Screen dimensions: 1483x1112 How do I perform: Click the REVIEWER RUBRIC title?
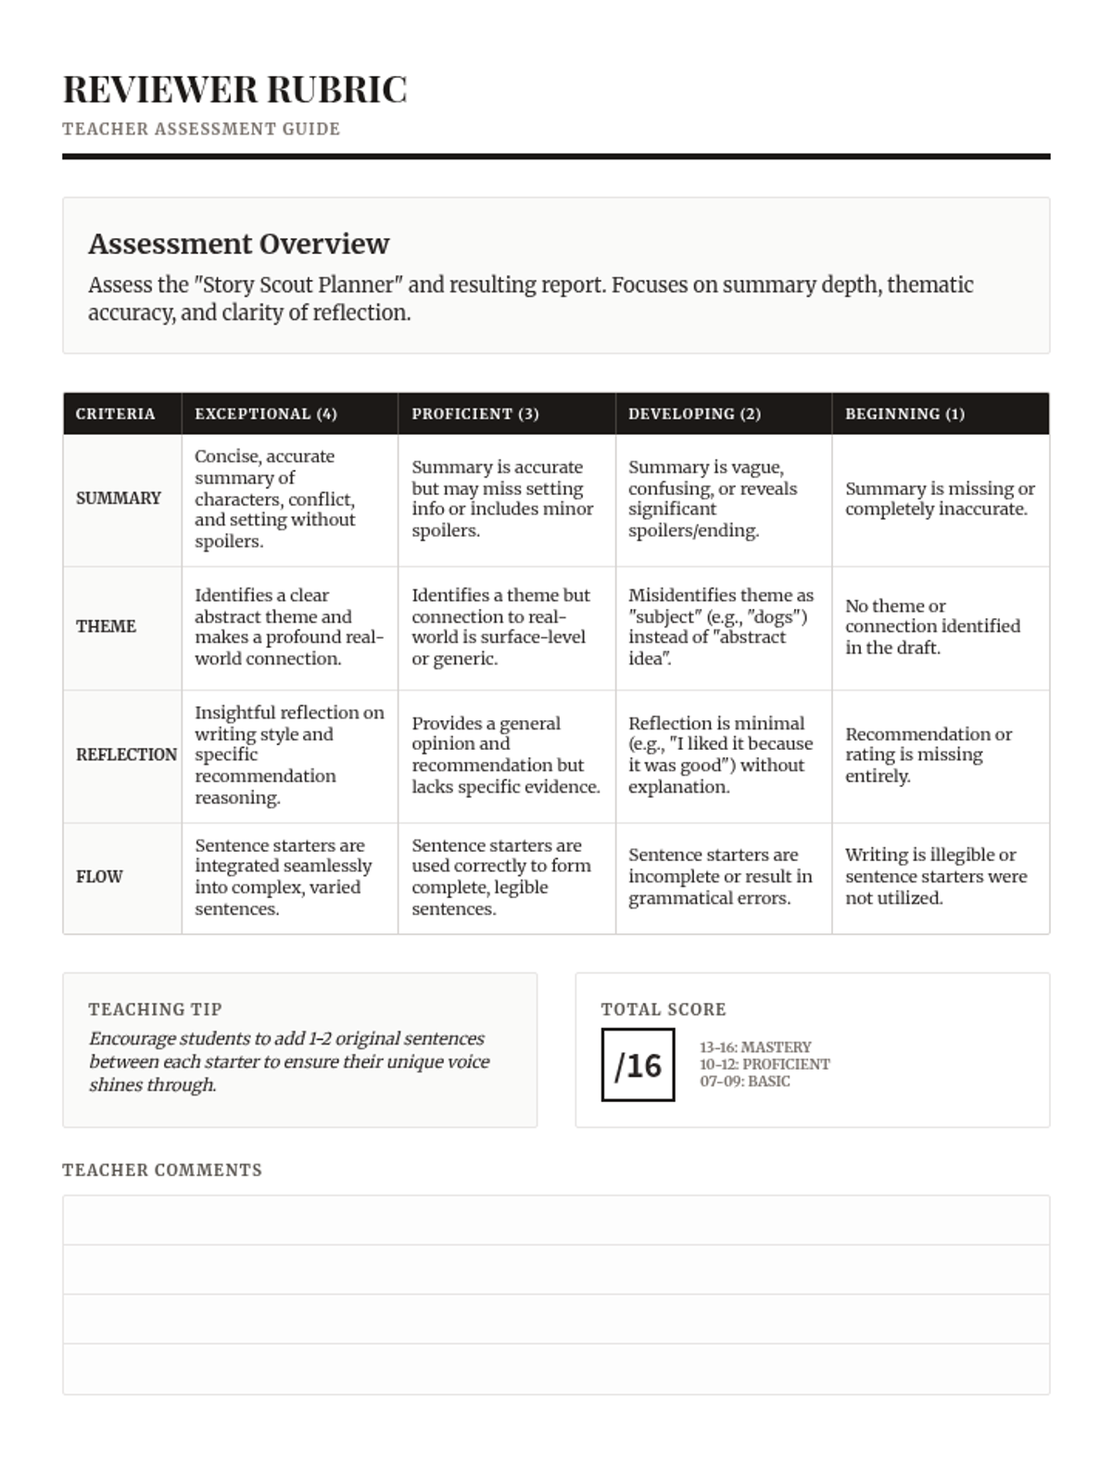coord(234,90)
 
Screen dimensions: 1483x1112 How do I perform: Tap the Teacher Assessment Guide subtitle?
coord(201,129)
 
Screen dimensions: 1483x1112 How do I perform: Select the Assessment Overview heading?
coord(238,244)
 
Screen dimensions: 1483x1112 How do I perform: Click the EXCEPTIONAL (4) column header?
coord(266,414)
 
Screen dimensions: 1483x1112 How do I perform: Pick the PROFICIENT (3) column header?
coord(475,414)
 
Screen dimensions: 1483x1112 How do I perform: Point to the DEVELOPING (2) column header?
coord(694,414)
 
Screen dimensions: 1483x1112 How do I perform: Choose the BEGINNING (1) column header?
coord(904,414)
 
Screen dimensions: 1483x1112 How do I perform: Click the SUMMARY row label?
coord(119,499)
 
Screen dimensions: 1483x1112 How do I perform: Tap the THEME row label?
coord(106,627)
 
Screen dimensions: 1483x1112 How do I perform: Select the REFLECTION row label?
coord(126,754)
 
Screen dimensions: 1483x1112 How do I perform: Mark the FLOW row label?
coord(99,877)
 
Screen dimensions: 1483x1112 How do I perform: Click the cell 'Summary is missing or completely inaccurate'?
coord(940,499)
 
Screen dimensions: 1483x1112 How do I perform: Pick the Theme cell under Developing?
coord(721,627)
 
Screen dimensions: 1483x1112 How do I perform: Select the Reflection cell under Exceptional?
coord(288,754)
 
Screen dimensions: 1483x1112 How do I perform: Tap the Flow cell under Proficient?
coord(500,877)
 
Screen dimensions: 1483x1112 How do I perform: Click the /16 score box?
coord(638,1065)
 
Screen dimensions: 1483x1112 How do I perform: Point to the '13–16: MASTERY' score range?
coord(755,1047)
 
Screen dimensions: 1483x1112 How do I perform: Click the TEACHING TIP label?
coord(155,1009)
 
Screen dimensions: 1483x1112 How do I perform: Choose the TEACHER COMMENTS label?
coord(162,1171)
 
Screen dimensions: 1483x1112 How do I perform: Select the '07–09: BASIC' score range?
coord(745,1082)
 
